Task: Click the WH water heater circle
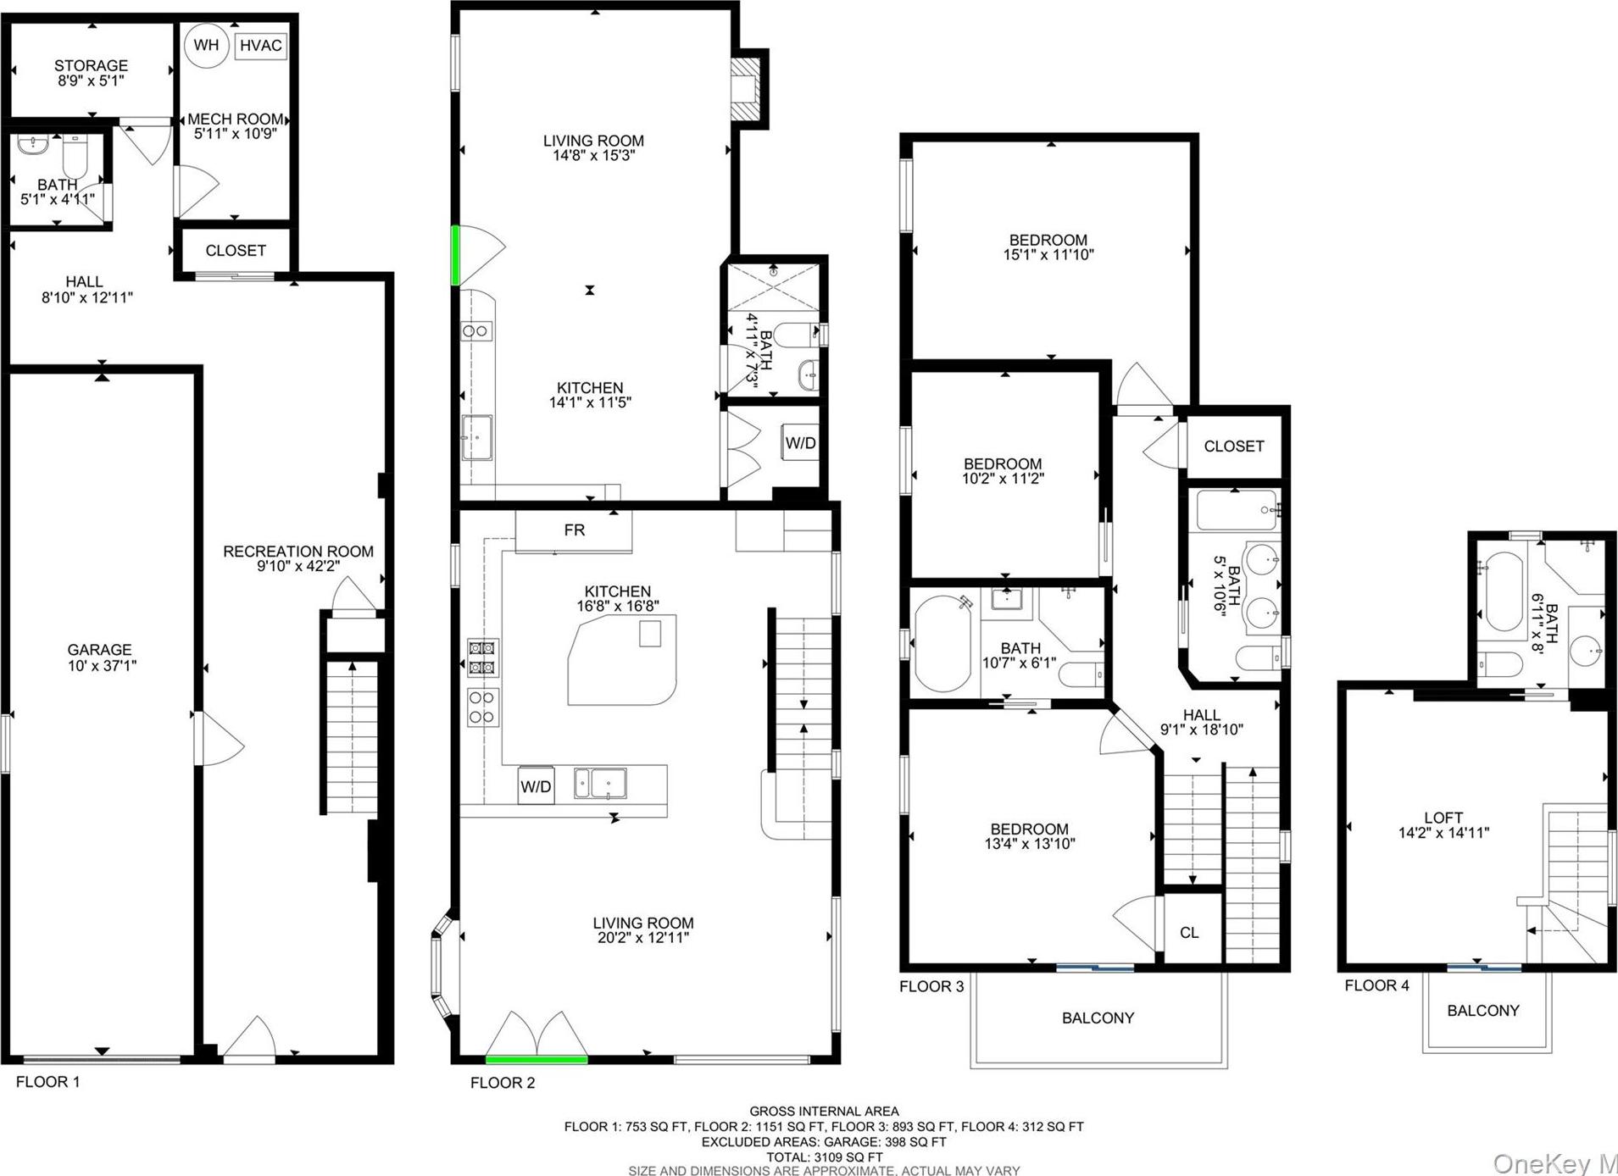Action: pos(206,45)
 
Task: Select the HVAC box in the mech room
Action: pos(260,46)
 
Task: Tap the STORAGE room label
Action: pos(91,65)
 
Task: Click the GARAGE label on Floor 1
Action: pos(100,650)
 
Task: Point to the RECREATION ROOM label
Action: pos(297,552)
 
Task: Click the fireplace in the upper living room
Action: pos(747,89)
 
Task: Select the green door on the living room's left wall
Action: pos(456,255)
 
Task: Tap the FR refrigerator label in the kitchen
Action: pos(574,530)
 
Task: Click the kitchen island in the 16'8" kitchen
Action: pos(622,660)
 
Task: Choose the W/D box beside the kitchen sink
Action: pos(536,786)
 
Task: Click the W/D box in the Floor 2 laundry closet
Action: pos(800,443)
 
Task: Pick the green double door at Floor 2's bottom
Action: pos(537,1058)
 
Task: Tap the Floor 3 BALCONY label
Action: pos(1098,1018)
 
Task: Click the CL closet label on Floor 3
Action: pos(1189,932)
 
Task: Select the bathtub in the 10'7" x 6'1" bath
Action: pos(942,645)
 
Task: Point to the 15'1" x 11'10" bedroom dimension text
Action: pos(1048,254)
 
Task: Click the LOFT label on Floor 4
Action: pos(1443,818)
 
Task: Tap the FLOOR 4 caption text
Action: pos(1376,985)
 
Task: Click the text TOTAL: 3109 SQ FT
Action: pos(825,1157)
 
